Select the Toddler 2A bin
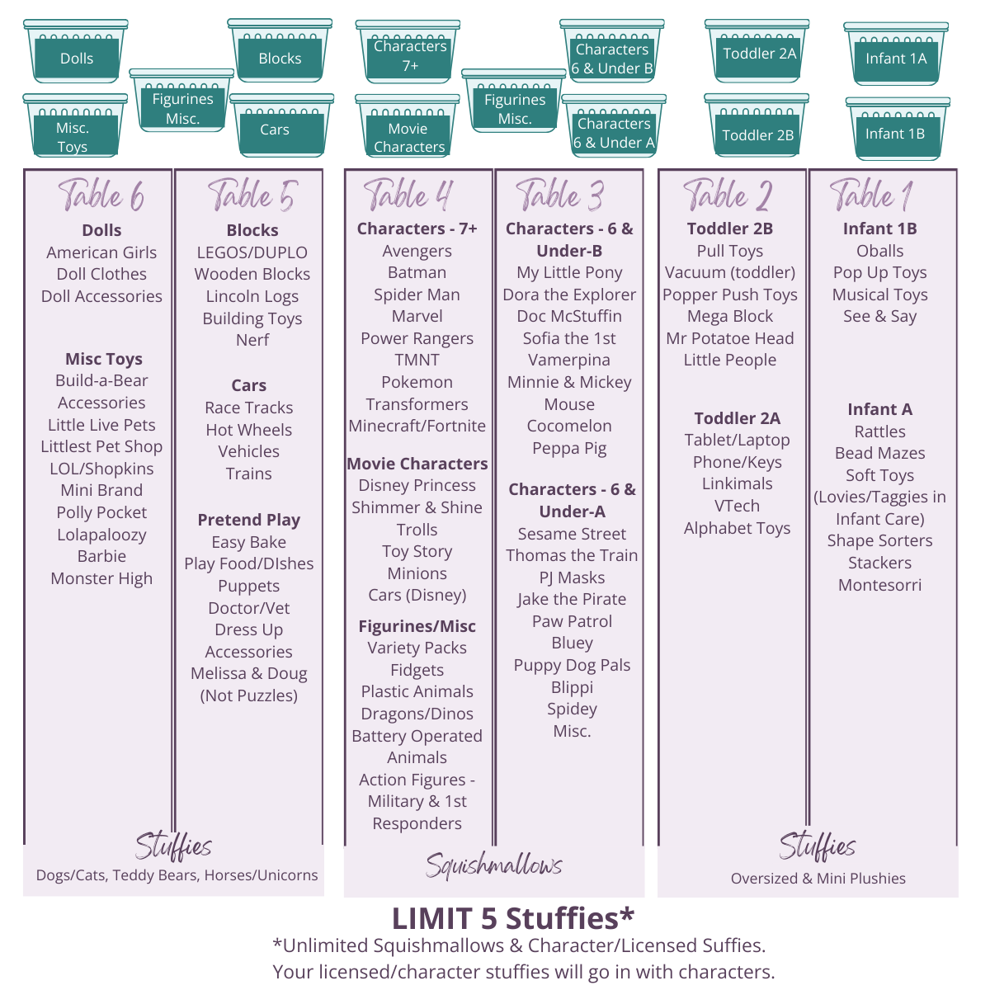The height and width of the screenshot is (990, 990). coord(758,52)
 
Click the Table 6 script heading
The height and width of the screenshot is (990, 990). coord(101,196)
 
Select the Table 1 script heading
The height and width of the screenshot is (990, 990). coord(870,196)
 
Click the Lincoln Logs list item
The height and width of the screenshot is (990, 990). coord(252,296)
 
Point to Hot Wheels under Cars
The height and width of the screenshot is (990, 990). coord(249,430)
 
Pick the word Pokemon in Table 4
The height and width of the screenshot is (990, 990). coord(417,382)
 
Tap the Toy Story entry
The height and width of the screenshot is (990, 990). coord(417,551)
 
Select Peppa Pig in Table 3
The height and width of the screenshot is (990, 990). coord(569,448)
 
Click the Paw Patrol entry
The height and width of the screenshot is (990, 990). coord(572,621)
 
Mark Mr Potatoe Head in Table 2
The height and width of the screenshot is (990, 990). coord(730,338)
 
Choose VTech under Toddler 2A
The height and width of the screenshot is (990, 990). coord(737,506)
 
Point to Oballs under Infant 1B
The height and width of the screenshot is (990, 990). coord(879,251)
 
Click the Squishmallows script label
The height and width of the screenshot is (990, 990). coord(493,865)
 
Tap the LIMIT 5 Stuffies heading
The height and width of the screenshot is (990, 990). coord(513,918)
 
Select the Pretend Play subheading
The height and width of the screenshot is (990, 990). coord(249,520)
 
